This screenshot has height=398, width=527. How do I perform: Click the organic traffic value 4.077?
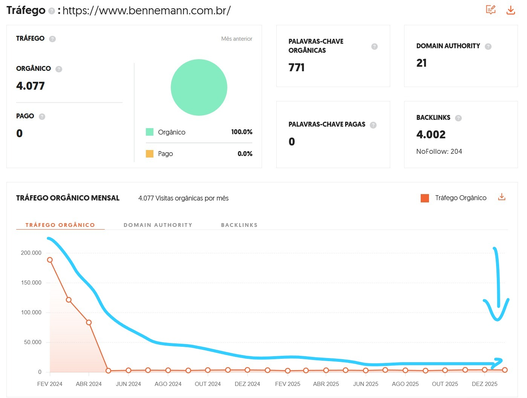click(31, 86)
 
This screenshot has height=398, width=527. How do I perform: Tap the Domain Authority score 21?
click(421, 63)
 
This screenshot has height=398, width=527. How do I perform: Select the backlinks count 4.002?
click(431, 135)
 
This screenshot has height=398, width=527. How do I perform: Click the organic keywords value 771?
click(296, 67)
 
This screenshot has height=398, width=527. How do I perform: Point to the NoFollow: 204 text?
click(439, 152)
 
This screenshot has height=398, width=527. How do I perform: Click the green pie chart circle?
click(199, 87)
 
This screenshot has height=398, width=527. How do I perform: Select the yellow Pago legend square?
click(150, 154)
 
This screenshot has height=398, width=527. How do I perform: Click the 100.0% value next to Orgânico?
click(242, 132)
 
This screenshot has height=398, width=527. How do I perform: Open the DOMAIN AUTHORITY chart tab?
click(158, 225)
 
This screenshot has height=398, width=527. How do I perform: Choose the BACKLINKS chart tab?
click(239, 225)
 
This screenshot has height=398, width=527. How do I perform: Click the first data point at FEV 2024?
click(50, 260)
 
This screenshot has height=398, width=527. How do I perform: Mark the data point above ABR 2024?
click(89, 323)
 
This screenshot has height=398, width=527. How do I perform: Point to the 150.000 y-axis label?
click(31, 283)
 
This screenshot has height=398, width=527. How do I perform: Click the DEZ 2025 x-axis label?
click(484, 384)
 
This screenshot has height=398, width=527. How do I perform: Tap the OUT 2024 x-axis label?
click(208, 384)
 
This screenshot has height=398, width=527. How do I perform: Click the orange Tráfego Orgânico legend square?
click(425, 198)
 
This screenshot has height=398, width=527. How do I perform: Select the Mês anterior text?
click(237, 39)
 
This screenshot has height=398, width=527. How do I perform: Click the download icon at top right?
click(510, 10)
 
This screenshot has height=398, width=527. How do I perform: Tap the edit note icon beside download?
click(490, 10)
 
